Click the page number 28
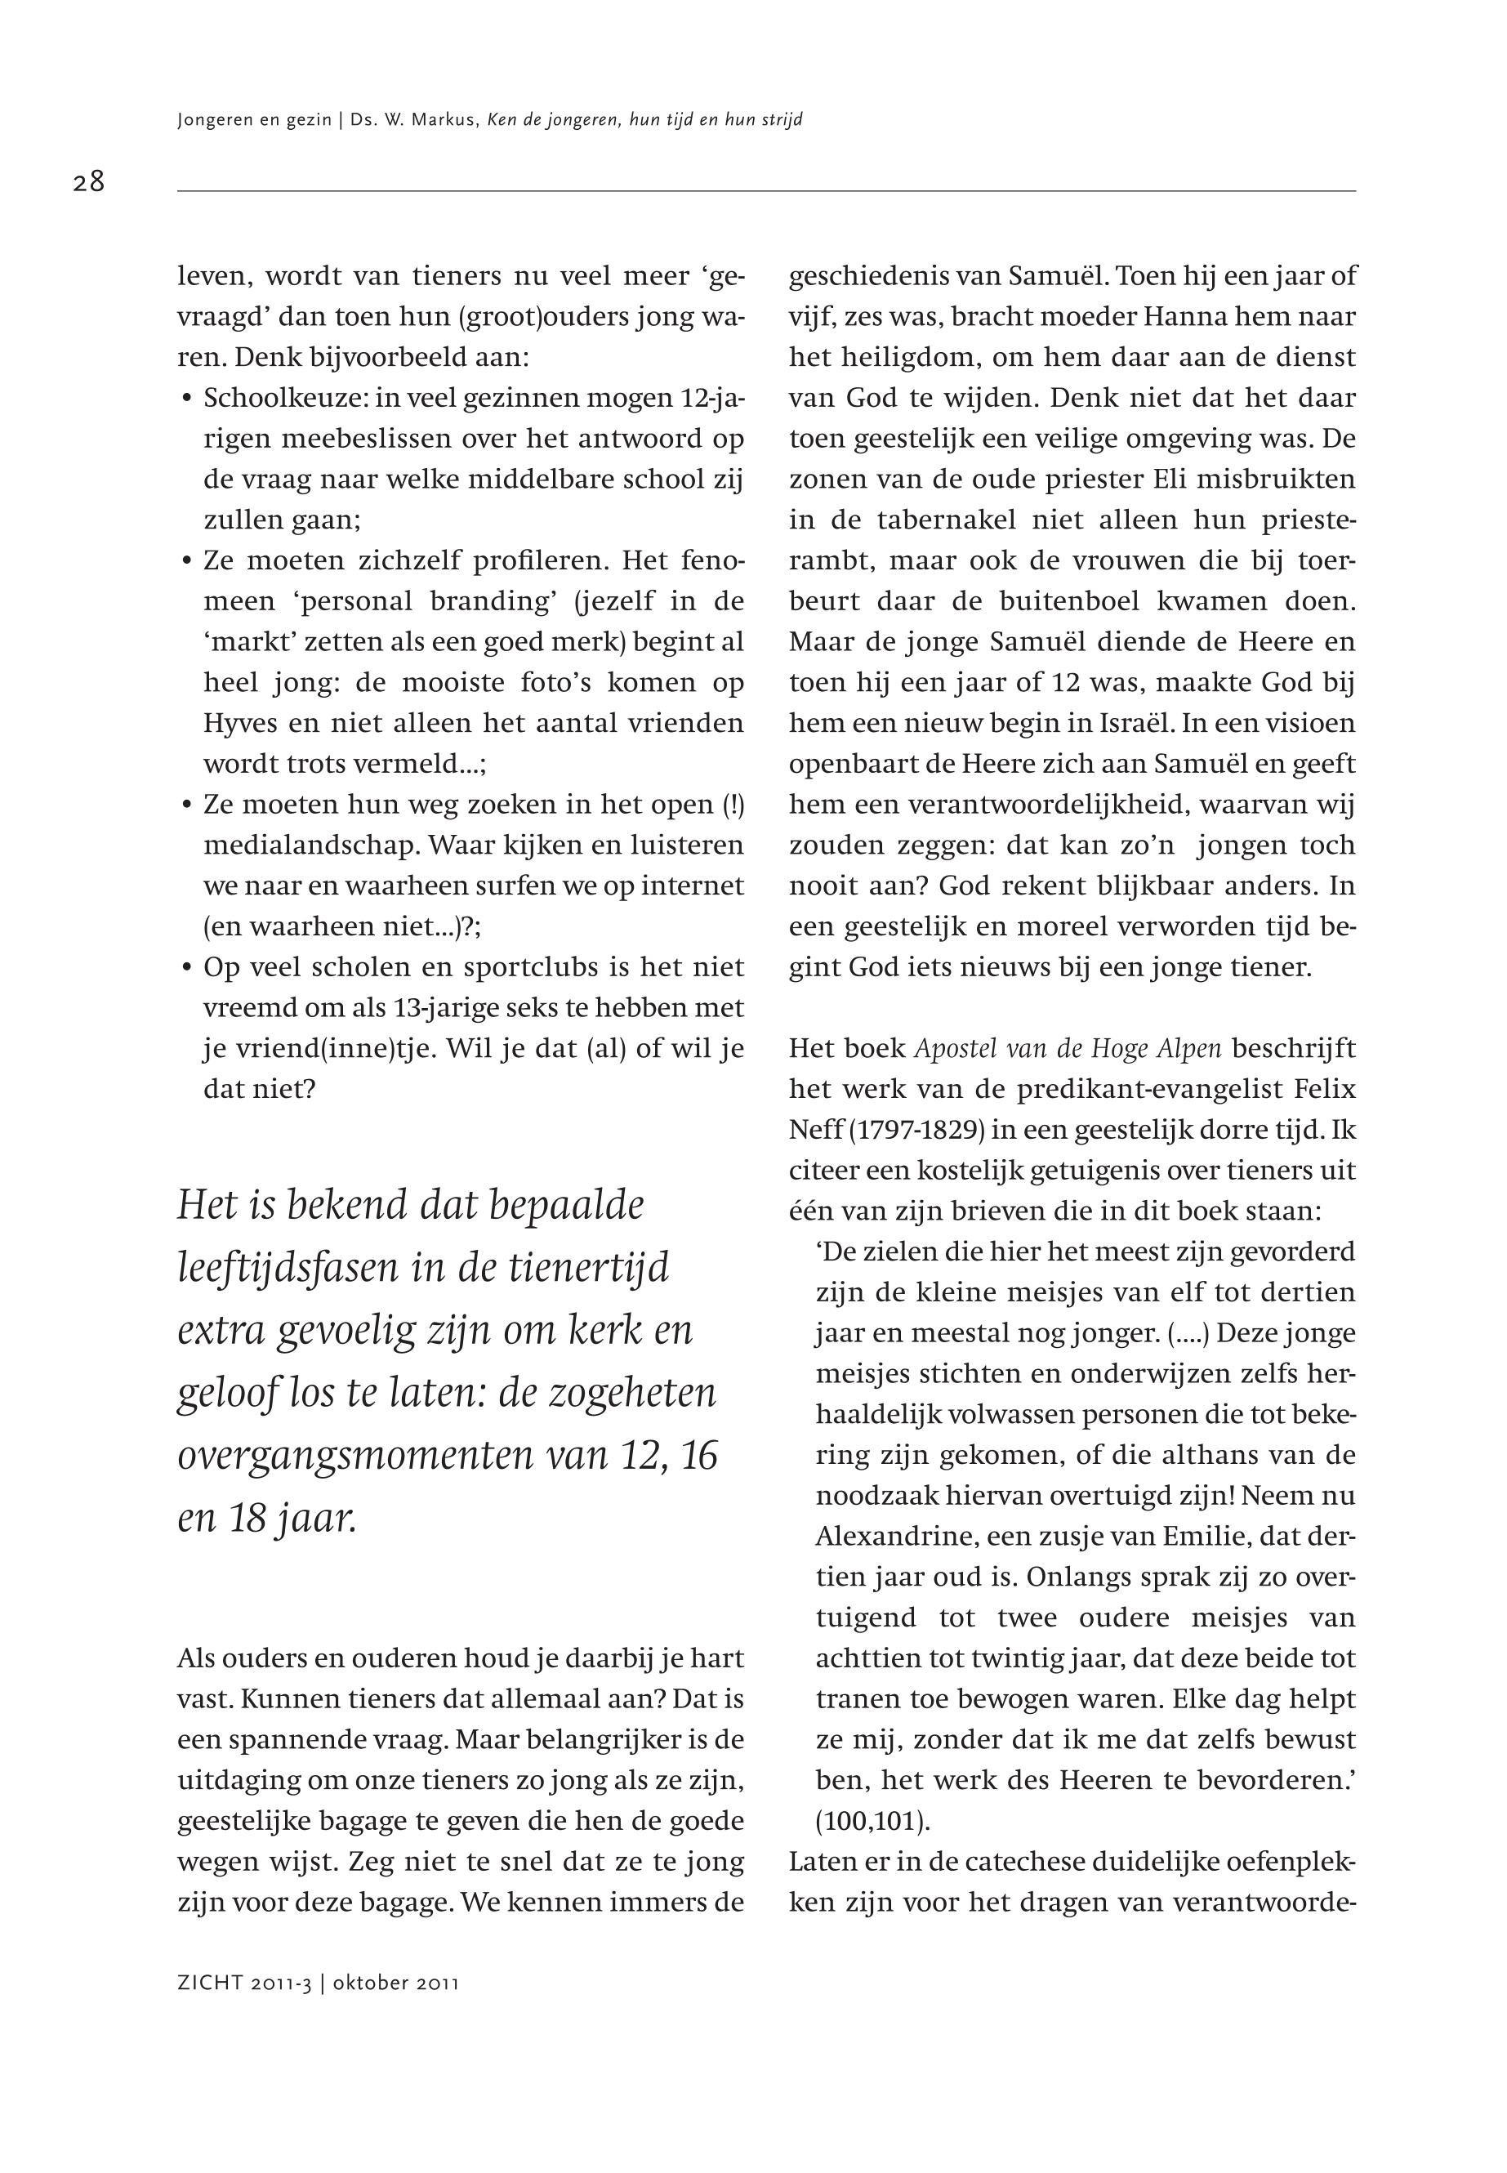point(89,181)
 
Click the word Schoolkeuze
point(286,399)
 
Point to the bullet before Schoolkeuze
point(187,399)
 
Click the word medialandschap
point(310,846)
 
